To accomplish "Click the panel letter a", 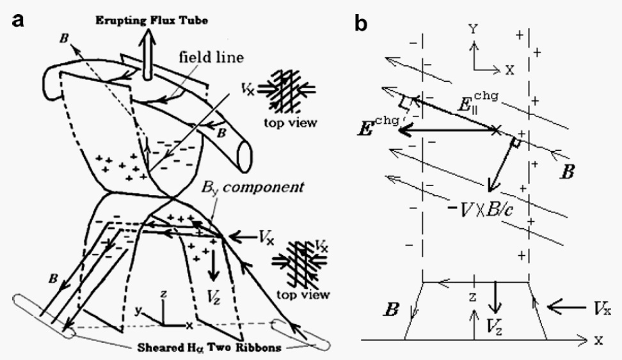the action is tap(19, 20).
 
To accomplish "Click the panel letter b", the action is tap(361, 23).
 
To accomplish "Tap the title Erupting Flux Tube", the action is tap(152, 20).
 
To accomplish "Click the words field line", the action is tap(211, 58).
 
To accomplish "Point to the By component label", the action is tap(252, 187).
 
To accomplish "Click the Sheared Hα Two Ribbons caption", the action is tap(209, 348).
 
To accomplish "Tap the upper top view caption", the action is tap(291, 123).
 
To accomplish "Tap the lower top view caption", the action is tap(303, 295).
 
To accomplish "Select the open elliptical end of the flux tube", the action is tap(244, 156).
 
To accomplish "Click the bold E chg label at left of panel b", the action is tap(378, 126).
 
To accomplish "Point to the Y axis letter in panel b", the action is tap(473, 29).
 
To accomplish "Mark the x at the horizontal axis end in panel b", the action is tap(598, 340).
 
